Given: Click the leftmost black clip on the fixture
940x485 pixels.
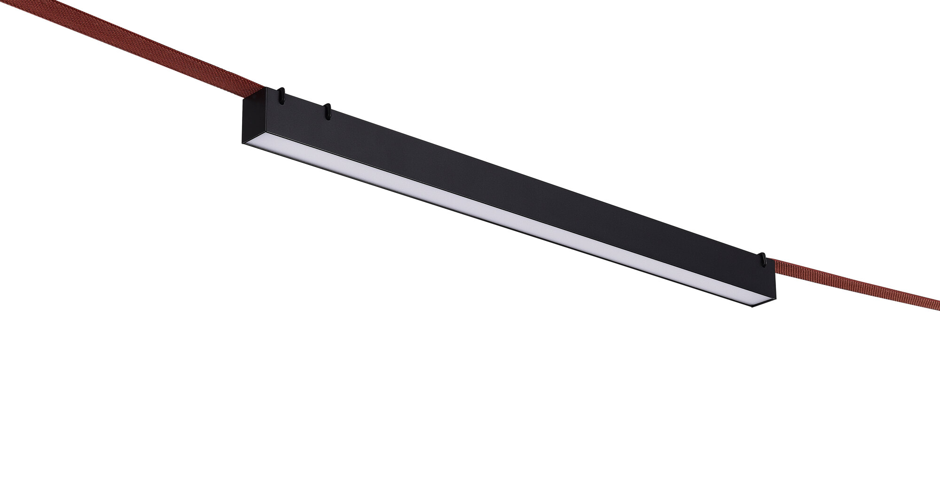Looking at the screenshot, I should [281, 94].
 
